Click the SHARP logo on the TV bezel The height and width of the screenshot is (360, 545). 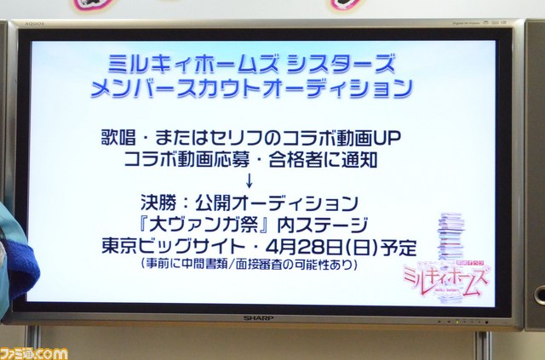pyautogui.click(x=258, y=318)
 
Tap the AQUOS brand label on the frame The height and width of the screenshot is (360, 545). pyautogui.click(x=35, y=24)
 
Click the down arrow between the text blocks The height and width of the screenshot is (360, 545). pyautogui.click(x=249, y=180)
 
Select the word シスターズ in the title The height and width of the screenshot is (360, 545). pyautogui.click(x=341, y=63)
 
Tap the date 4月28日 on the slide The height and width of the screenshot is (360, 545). pyautogui.click(x=305, y=247)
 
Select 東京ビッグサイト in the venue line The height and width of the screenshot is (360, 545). pyautogui.click(x=173, y=247)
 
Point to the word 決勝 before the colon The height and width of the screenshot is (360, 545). pyautogui.click(x=158, y=203)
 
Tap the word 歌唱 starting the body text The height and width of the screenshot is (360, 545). pyautogui.click(x=118, y=138)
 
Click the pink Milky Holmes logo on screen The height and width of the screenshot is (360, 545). pyautogui.click(x=446, y=277)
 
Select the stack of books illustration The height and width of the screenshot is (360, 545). pyautogui.click(x=451, y=237)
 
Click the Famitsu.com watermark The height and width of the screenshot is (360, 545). pyautogui.click(x=34, y=354)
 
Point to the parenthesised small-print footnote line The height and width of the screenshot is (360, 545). pyautogui.click(x=250, y=264)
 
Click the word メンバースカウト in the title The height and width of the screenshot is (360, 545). pyautogui.click(x=176, y=88)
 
